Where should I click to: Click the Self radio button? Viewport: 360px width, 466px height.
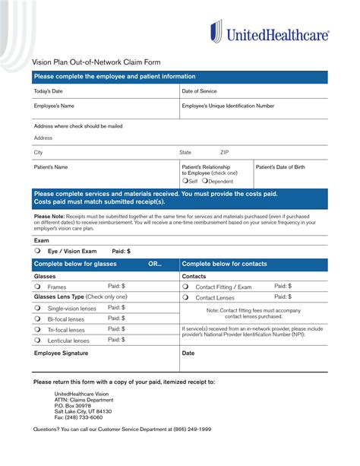click(x=185, y=181)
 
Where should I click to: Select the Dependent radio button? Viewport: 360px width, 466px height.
click(x=205, y=181)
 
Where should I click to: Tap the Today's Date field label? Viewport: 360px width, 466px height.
click(x=49, y=90)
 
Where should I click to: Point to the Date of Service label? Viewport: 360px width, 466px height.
click(x=199, y=90)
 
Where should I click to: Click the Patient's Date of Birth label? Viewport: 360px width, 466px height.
click(x=280, y=166)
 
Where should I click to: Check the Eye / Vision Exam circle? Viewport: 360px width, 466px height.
click(x=37, y=250)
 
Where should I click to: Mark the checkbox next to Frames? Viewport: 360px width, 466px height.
click(x=37, y=287)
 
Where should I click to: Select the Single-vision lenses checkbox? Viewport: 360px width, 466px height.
click(x=37, y=308)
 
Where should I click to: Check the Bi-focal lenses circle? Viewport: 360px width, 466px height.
click(x=37, y=319)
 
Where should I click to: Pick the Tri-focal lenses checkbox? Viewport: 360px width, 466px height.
click(x=37, y=330)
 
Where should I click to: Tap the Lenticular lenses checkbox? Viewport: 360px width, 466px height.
click(x=37, y=341)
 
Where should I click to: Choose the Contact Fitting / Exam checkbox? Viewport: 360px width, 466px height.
click(x=185, y=287)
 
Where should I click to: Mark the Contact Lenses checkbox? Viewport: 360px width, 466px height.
click(x=185, y=298)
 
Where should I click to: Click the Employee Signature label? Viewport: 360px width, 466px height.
click(x=61, y=353)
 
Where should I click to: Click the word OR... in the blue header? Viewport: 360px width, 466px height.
click(x=154, y=265)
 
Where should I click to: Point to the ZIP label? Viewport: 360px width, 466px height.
click(x=225, y=152)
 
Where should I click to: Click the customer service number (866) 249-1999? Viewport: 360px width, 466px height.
click(x=188, y=430)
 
